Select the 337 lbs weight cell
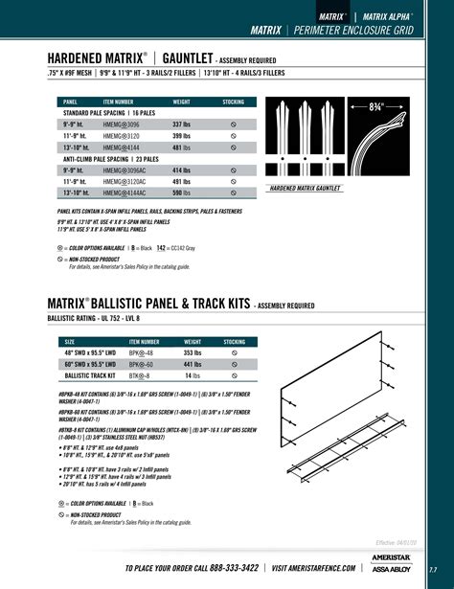pos(183,125)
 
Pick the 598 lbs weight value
pos(183,192)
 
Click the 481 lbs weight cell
pos(183,148)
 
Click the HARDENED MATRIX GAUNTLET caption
pos(306,189)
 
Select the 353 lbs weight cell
pos(184,352)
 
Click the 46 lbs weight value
pos(184,376)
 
